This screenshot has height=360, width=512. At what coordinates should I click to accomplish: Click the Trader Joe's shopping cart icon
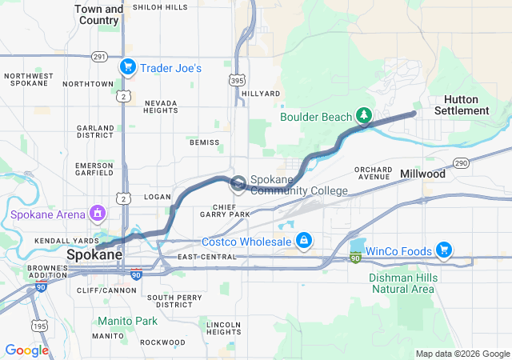tap(127, 67)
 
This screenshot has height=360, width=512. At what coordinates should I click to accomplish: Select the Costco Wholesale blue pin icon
tap(304, 240)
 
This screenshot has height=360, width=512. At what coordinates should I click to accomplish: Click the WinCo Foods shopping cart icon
tap(443, 250)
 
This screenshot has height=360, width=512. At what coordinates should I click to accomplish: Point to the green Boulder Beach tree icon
tap(364, 116)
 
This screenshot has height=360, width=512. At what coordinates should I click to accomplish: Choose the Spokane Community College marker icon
tap(238, 185)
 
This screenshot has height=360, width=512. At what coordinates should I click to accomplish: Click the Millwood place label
tap(422, 174)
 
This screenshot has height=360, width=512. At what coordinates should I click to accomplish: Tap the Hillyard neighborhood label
tap(261, 94)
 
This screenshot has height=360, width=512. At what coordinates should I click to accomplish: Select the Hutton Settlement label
tap(462, 105)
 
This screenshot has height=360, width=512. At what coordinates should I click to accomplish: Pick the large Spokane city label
tap(94, 254)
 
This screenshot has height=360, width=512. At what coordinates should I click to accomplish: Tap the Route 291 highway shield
tap(99, 56)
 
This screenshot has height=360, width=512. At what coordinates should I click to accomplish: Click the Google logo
tap(26, 350)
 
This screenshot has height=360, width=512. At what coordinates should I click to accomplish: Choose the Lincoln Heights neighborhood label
tap(223, 327)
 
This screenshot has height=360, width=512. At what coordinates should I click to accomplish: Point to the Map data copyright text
tap(462, 354)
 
